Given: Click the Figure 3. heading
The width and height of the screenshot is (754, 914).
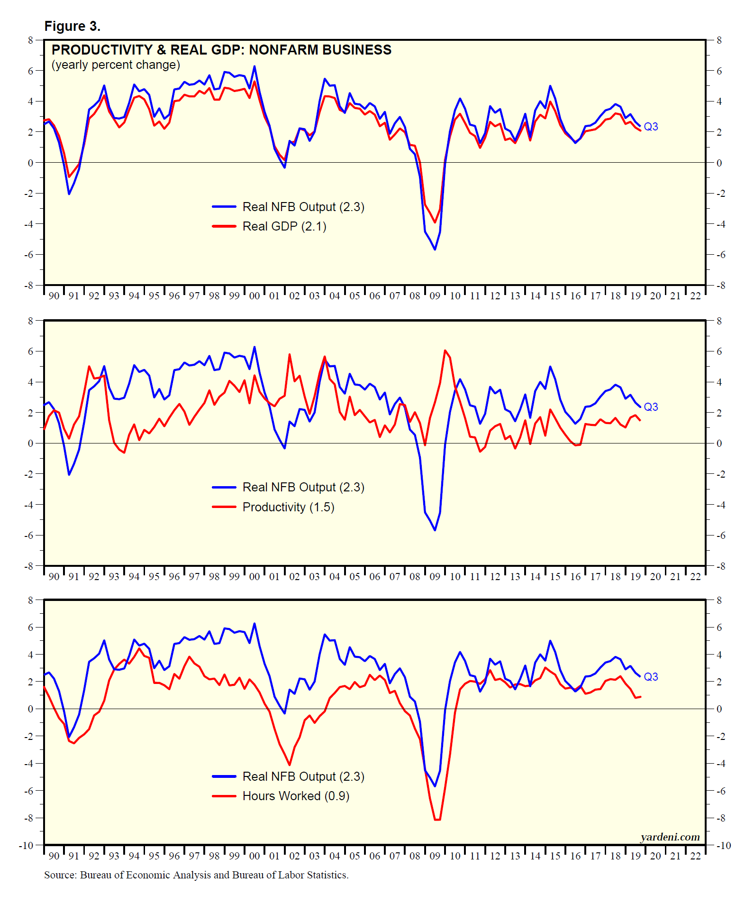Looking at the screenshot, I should pyautogui.click(x=72, y=27).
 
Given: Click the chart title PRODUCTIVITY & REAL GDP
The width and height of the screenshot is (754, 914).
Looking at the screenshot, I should pyautogui.click(x=221, y=50).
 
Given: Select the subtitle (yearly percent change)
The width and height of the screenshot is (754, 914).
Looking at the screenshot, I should pyautogui.click(x=116, y=65).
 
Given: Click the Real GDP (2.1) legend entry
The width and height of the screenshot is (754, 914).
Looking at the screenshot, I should pyautogui.click(x=284, y=227).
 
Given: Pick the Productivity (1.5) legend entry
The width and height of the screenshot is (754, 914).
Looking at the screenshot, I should pyautogui.click(x=288, y=507).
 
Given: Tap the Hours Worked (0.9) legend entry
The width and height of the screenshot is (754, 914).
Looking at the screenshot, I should pyautogui.click(x=296, y=796).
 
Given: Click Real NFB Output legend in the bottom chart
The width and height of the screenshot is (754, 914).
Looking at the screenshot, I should pyautogui.click(x=303, y=776).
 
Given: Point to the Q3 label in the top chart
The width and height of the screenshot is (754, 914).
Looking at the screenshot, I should pyautogui.click(x=651, y=127).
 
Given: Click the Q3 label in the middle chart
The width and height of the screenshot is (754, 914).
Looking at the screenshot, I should pyautogui.click(x=651, y=407).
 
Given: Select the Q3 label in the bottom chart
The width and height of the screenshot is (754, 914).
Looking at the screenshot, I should pyautogui.click(x=651, y=677).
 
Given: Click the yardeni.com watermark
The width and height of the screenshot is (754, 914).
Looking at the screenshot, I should pyautogui.click(x=670, y=837).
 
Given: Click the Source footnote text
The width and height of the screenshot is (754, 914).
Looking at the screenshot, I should pyautogui.click(x=196, y=875).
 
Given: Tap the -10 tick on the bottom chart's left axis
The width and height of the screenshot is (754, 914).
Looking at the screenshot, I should pyautogui.click(x=27, y=846).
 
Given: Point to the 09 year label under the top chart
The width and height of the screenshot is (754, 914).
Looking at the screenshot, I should pyautogui.click(x=435, y=296).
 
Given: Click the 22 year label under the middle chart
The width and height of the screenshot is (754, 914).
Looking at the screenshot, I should pyautogui.click(x=695, y=577).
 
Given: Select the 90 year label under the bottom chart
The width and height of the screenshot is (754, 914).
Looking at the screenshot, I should pyautogui.click(x=54, y=856).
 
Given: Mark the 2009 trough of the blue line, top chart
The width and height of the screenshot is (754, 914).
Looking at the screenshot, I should pyautogui.click(x=435, y=249).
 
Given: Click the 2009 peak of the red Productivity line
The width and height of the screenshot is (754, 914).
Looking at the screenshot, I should pyautogui.click(x=445, y=351).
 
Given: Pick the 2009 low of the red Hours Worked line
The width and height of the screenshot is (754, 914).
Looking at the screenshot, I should pyautogui.click(x=437, y=819).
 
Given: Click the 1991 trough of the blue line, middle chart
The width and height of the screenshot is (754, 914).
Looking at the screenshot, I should pyautogui.click(x=69, y=474).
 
